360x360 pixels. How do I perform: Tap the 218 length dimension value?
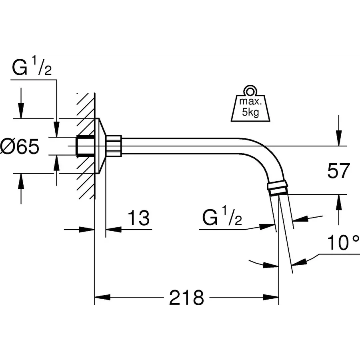coord(186,298)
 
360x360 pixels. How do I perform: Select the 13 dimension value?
coord(138,218)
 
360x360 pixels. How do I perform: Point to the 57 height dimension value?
coord(338,171)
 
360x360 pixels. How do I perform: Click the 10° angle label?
coord(343,243)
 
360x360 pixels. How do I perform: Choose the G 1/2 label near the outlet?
coord(222,218)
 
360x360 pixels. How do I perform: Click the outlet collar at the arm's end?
coord(277,188)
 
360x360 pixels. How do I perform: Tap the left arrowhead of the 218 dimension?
coord(102,298)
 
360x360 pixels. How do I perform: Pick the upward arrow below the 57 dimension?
coord(339,202)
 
